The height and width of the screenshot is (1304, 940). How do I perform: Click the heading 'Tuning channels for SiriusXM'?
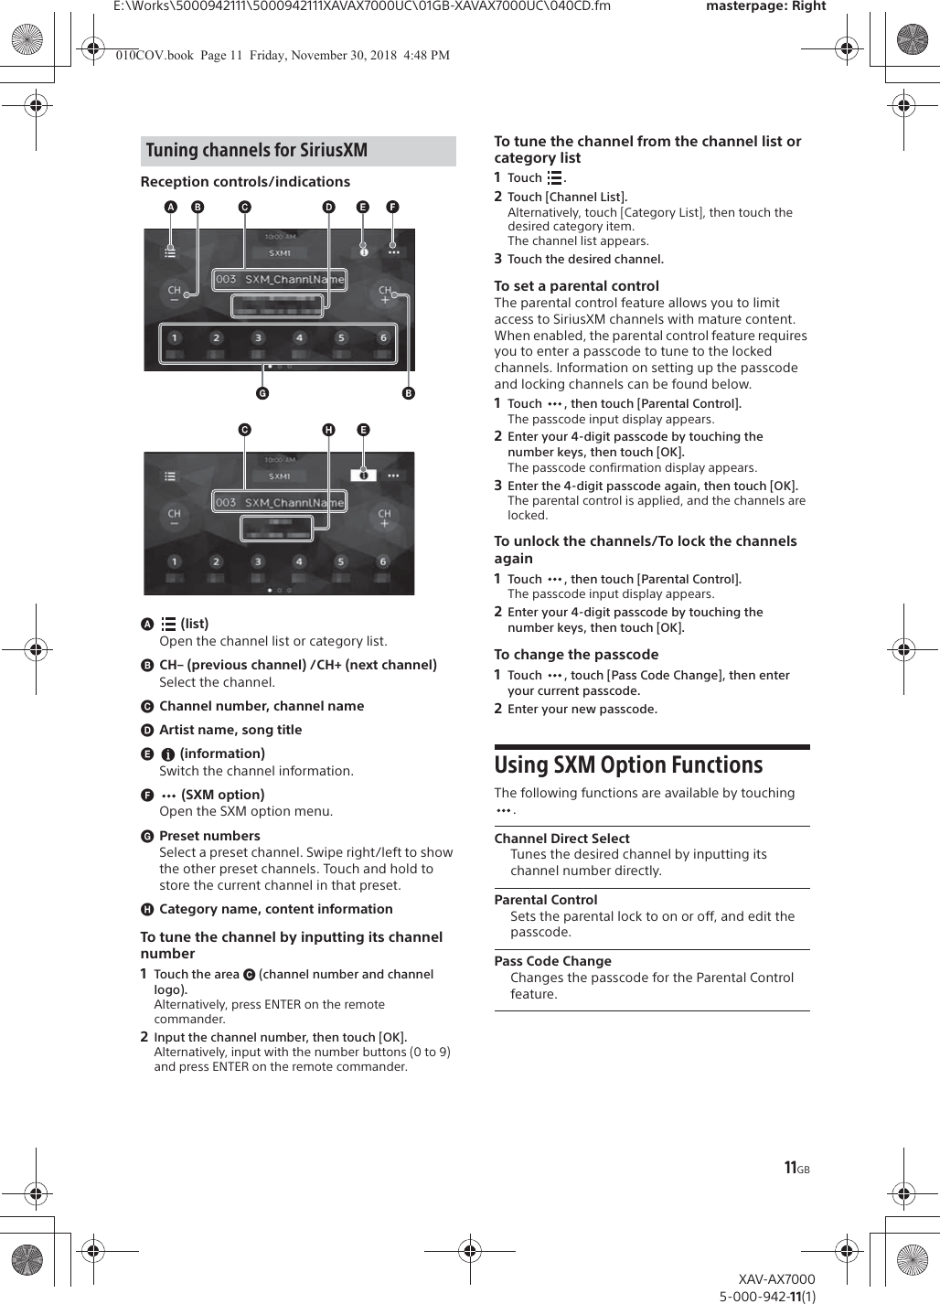pyautogui.click(x=257, y=151)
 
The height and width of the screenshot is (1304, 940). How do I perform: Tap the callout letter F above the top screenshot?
pyautogui.click(x=392, y=208)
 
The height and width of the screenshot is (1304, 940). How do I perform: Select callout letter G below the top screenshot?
pyautogui.click(x=262, y=393)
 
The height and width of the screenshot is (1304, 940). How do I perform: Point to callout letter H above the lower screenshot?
pyautogui.click(x=328, y=430)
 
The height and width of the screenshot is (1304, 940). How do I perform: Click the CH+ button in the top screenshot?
pyautogui.click(x=384, y=294)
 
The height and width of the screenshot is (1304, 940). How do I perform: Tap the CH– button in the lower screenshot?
pyautogui.click(x=174, y=518)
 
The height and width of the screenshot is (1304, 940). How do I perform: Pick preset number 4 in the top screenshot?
pyautogui.click(x=299, y=338)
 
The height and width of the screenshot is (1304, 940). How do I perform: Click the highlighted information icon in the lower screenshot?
pyautogui.click(x=363, y=476)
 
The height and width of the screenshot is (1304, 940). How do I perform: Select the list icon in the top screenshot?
pyautogui.click(x=170, y=251)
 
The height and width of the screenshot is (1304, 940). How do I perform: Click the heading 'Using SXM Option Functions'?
pyautogui.click(x=628, y=765)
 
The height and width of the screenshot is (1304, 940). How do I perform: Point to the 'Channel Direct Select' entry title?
pyautogui.click(x=561, y=839)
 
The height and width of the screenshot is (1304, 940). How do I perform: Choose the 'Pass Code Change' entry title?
pyautogui.click(x=552, y=961)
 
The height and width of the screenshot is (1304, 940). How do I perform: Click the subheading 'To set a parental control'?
pyautogui.click(x=576, y=286)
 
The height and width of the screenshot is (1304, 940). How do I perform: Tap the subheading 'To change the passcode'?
pyautogui.click(x=576, y=655)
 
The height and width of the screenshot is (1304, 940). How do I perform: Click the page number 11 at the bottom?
pyautogui.click(x=791, y=1168)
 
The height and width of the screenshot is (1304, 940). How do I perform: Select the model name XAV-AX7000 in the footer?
pyautogui.click(x=776, y=1279)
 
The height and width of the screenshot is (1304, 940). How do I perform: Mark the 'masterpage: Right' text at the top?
pyautogui.click(x=765, y=6)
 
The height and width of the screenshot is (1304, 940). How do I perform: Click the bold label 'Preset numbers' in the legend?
pyautogui.click(x=209, y=836)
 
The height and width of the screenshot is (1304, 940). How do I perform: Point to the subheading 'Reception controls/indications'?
pyautogui.click(x=245, y=182)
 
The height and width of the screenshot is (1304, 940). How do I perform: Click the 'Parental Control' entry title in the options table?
pyautogui.click(x=546, y=900)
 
